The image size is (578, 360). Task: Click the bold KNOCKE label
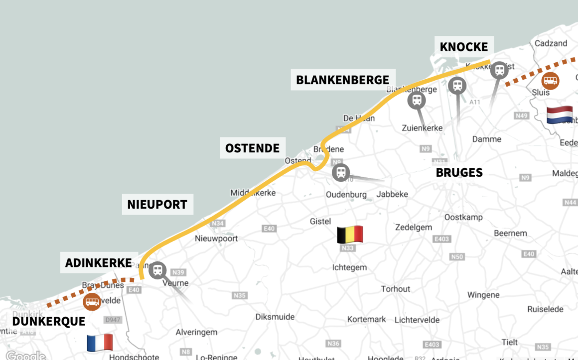click(463, 47)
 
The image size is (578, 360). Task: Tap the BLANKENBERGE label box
click(342, 80)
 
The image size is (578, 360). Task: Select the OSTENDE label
click(252, 148)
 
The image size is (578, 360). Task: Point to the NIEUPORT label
click(157, 205)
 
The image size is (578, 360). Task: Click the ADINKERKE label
click(98, 263)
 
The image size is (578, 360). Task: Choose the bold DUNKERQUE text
click(48, 322)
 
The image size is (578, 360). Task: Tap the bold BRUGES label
click(459, 173)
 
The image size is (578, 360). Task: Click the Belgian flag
click(350, 235)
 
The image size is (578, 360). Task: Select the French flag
click(100, 343)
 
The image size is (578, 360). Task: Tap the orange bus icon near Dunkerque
click(92, 301)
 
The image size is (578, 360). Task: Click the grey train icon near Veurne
click(157, 270)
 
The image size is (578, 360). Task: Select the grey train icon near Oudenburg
click(341, 173)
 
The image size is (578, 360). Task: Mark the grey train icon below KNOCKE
click(499, 70)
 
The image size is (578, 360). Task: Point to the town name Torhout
click(396, 289)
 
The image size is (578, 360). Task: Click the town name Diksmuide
click(275, 317)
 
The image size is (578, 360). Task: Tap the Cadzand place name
click(551, 43)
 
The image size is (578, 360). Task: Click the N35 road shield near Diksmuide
click(240, 295)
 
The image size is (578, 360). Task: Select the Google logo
click(25, 356)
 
